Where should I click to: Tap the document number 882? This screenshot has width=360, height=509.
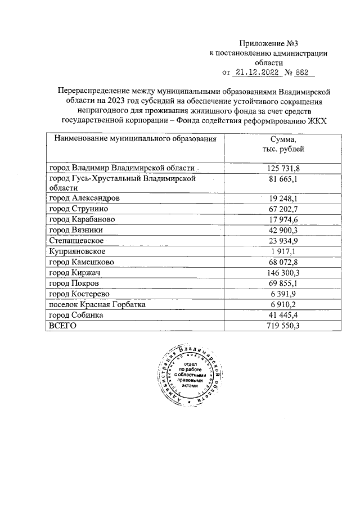point(303,72)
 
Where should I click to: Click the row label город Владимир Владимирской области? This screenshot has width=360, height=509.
point(122,168)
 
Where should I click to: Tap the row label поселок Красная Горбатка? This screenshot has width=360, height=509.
point(97,304)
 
